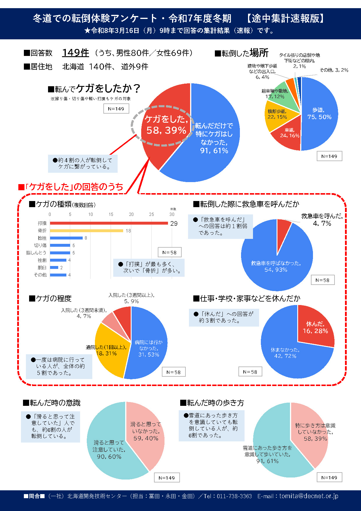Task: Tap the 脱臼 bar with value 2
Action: (x=54, y=267)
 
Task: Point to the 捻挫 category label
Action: (x=42, y=238)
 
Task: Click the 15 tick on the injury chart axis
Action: (x=111, y=214)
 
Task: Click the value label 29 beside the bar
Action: (x=174, y=223)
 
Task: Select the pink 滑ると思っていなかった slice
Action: (x=146, y=431)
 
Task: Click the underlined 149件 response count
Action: (x=76, y=53)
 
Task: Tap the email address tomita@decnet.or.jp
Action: (x=309, y=496)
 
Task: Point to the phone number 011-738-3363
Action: (x=234, y=496)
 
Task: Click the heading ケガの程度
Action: (x=54, y=299)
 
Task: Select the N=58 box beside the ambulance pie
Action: (x=323, y=280)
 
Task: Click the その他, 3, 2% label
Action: (x=334, y=70)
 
